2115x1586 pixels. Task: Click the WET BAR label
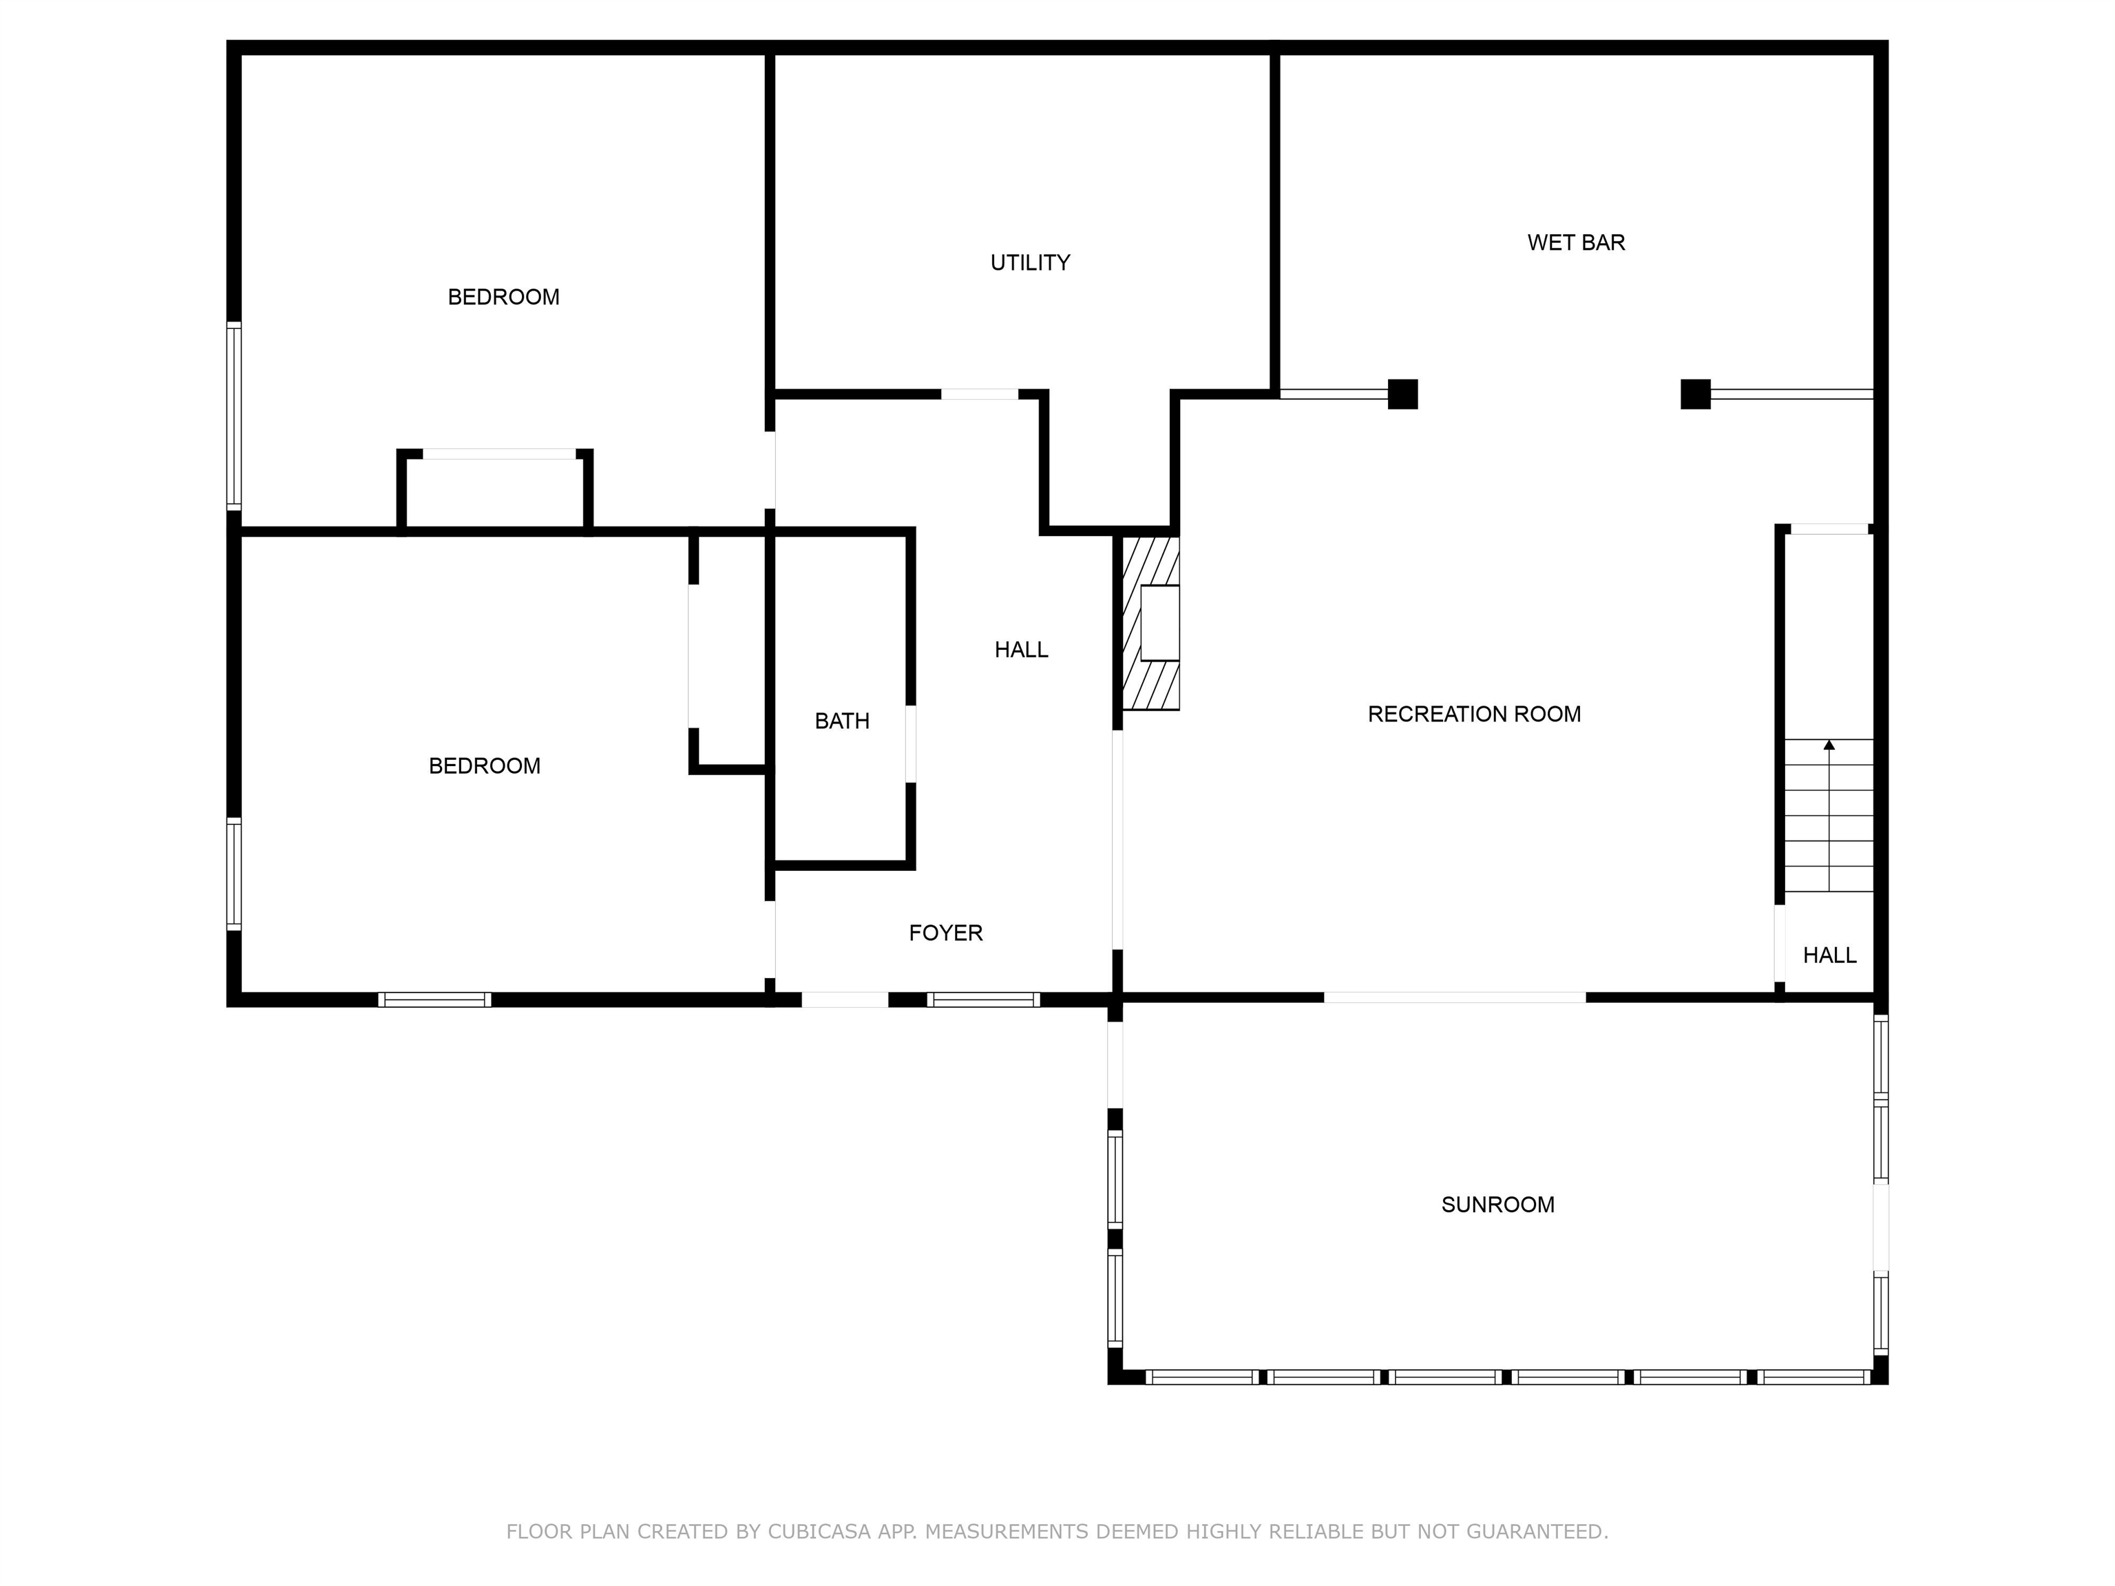click(1576, 243)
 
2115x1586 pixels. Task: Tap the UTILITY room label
click(1030, 263)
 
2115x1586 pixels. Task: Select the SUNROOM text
click(1497, 1205)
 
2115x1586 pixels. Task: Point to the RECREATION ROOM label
click(1473, 714)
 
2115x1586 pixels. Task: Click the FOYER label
click(945, 933)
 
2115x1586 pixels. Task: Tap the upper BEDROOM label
click(503, 297)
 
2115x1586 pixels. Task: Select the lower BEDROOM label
click(484, 765)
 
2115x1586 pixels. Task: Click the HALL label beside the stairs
click(1829, 955)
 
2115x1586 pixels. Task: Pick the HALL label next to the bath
click(1020, 650)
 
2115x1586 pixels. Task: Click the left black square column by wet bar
click(1402, 394)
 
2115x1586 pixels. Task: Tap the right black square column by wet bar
click(1694, 394)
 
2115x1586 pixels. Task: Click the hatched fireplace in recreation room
click(1150, 623)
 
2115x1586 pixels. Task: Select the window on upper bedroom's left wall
click(233, 415)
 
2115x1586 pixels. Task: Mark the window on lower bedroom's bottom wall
click(434, 1000)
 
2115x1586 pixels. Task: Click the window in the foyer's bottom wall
click(983, 1000)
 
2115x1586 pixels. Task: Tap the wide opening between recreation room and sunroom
click(1454, 997)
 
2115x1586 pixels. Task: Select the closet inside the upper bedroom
click(494, 492)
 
